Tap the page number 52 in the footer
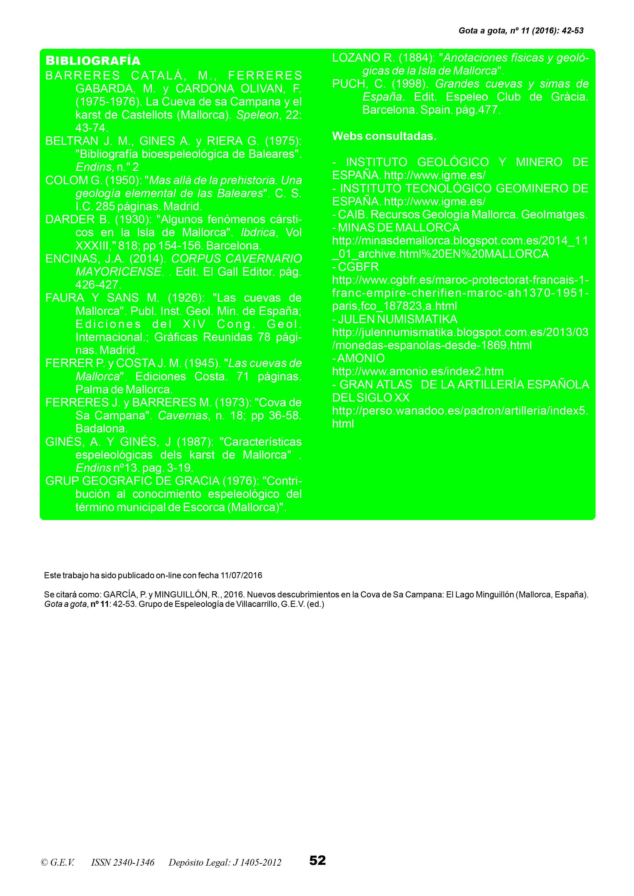317,860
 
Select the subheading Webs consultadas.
384,136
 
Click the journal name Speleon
257,115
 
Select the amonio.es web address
417,371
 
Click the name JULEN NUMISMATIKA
398,319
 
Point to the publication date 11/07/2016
241,575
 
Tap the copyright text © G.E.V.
58,862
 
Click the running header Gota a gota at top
482,30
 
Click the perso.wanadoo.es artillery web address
460,410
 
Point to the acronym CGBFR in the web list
358,267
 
